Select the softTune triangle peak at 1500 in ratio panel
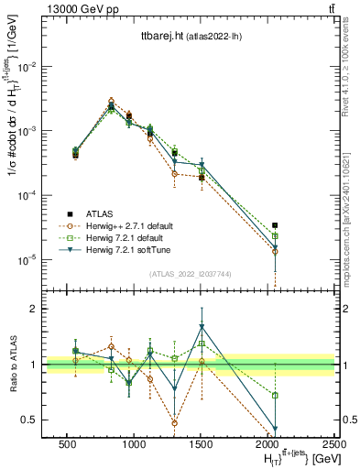tap(202, 326)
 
